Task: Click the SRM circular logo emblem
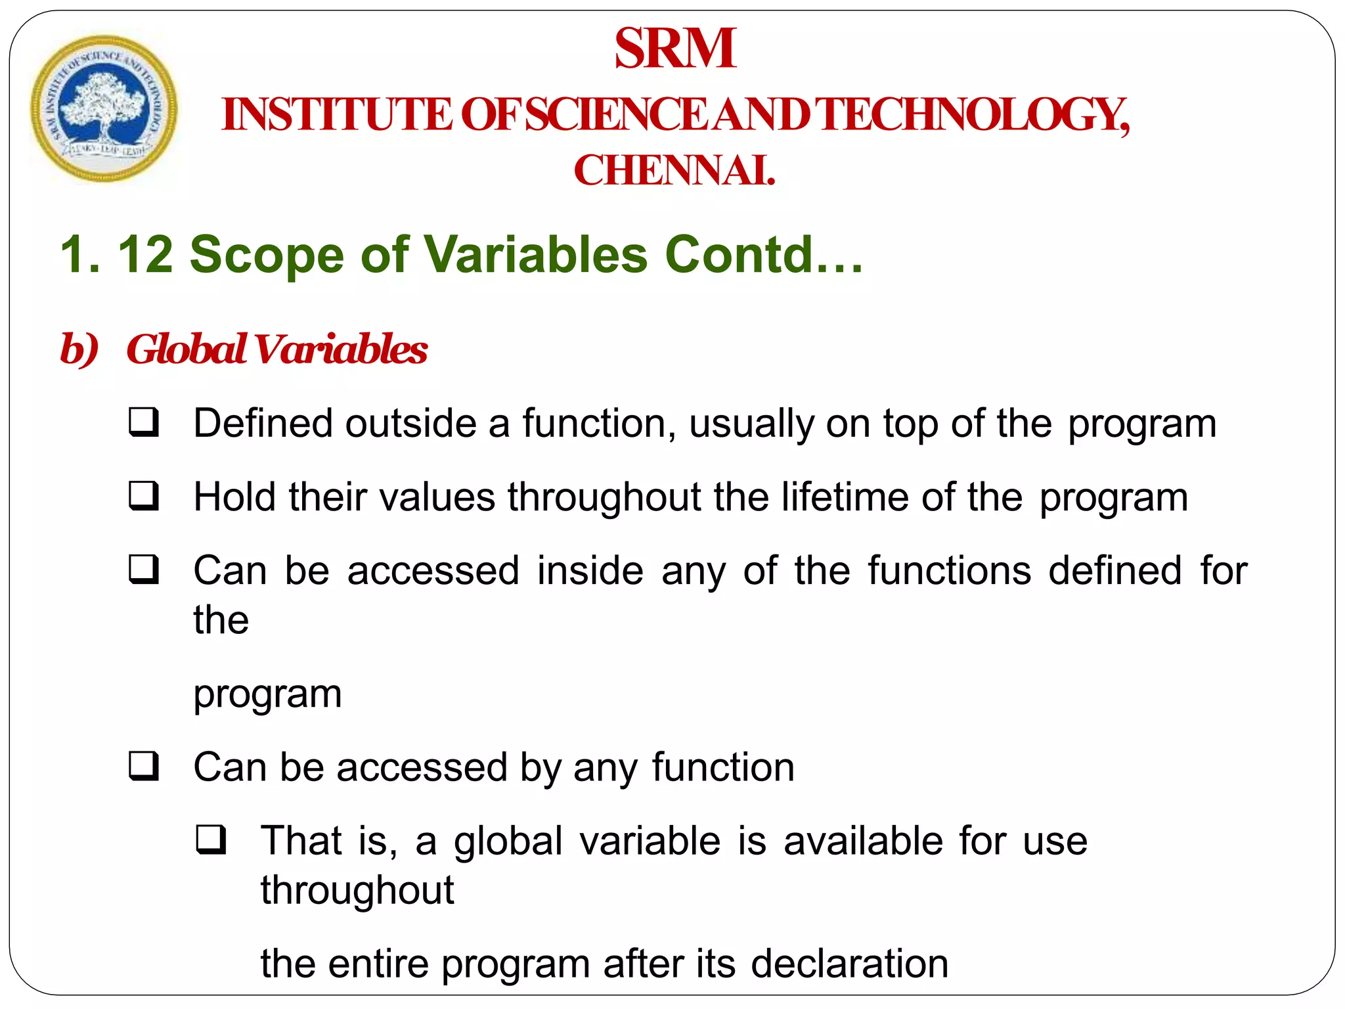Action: pos(104,108)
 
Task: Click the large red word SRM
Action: pos(675,49)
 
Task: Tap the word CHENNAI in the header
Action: pos(674,171)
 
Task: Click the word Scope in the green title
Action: pos(267,255)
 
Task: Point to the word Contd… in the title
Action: pos(764,255)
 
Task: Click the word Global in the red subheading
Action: pos(187,349)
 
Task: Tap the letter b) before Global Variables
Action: pos(79,349)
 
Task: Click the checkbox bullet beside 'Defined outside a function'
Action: pos(144,423)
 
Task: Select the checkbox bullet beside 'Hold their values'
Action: pos(144,497)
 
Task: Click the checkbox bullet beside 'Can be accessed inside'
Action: pos(144,570)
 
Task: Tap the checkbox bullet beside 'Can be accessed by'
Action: pos(144,767)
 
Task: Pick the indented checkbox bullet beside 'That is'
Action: pos(211,840)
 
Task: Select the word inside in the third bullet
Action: pos(590,570)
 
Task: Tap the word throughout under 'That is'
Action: pos(357,890)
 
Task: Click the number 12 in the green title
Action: pos(145,255)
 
